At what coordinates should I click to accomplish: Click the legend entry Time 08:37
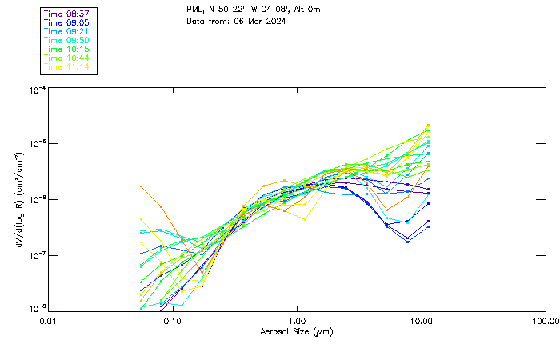[66, 14]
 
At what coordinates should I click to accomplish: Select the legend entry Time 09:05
[66, 23]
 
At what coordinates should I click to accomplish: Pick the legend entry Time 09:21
[66, 31]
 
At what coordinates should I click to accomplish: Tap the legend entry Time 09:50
[66, 40]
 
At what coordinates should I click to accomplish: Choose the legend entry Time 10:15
[66, 49]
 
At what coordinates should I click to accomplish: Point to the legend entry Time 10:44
[66, 58]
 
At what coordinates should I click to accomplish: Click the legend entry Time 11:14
[66, 66]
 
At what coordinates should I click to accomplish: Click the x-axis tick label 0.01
[48, 321]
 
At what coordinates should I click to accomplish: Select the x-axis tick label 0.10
[173, 321]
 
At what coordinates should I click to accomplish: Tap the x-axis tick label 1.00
[298, 321]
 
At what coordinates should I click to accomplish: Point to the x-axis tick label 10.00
[422, 321]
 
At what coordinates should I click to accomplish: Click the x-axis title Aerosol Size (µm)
[296, 331]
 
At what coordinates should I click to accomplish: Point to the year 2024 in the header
[277, 21]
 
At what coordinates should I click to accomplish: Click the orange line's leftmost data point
[141, 186]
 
